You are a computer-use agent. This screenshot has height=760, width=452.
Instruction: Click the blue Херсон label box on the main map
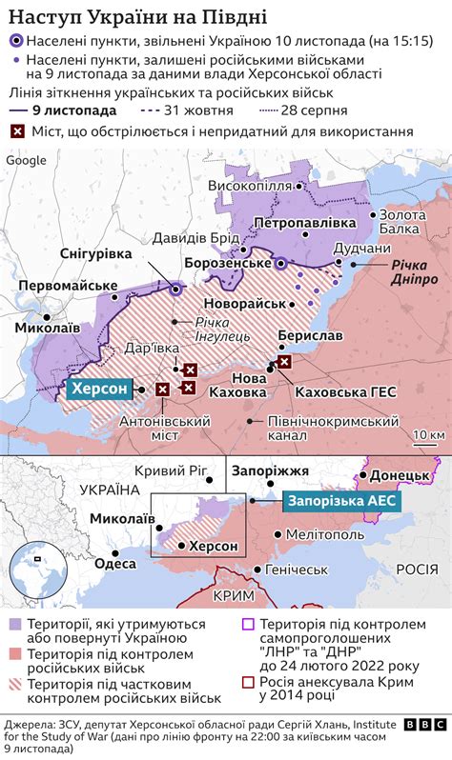99,390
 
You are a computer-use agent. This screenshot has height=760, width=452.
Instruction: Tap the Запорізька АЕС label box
338,498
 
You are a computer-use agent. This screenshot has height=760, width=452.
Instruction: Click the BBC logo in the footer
423,724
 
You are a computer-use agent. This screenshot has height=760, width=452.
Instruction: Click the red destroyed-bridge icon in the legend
16,130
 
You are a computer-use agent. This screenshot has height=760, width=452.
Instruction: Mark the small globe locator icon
37,553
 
